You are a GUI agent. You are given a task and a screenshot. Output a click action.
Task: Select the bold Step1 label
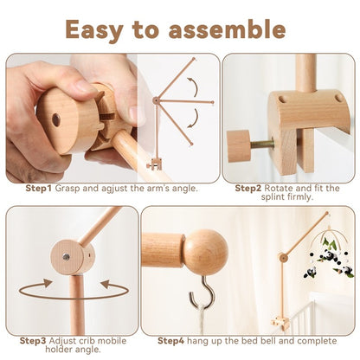point(39,188)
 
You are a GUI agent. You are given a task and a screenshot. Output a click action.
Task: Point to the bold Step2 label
point(249,188)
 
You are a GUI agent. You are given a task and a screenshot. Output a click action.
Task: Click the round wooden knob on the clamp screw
point(239,145)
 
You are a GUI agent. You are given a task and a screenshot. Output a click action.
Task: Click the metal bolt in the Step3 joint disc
point(64,256)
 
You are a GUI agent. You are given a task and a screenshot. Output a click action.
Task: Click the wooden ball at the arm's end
point(205,252)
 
